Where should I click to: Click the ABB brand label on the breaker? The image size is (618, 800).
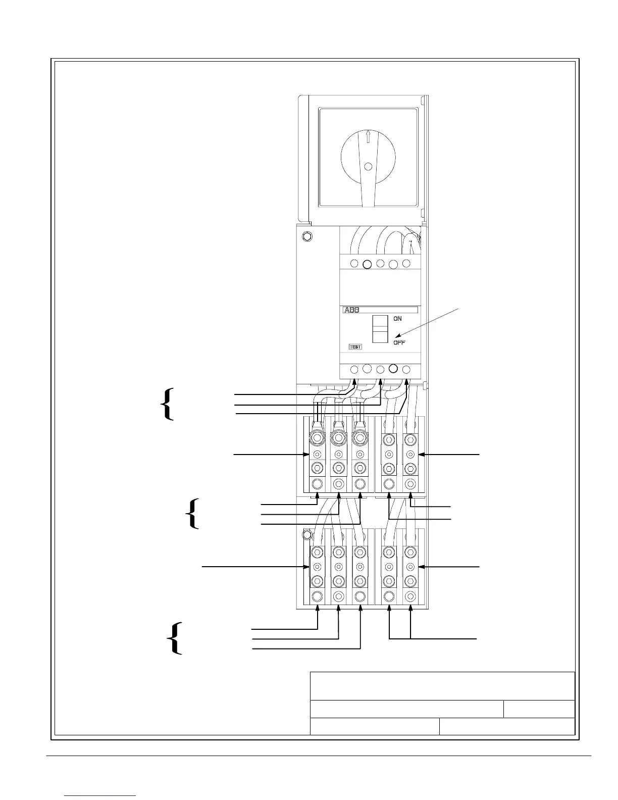click(352, 310)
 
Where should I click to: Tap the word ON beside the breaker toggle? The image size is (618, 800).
click(398, 319)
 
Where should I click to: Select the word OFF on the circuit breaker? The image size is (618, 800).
click(399, 342)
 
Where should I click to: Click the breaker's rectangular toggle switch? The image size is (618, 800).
click(380, 328)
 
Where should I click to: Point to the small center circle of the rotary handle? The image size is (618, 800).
click(368, 166)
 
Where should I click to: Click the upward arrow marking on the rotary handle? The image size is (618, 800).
click(368, 136)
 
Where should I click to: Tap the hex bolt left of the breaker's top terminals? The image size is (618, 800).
click(306, 236)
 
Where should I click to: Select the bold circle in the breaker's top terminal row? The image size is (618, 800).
click(368, 264)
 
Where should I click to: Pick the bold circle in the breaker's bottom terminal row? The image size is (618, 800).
click(394, 369)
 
